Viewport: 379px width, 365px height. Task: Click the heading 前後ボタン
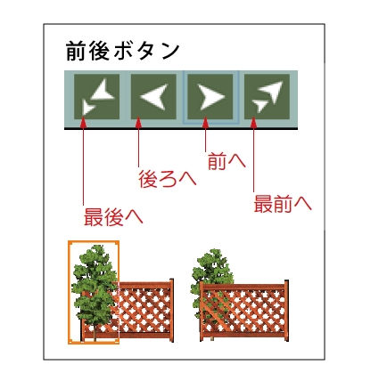pyautogui.click(x=123, y=51)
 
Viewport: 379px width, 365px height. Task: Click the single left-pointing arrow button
pyautogui.click(x=153, y=97)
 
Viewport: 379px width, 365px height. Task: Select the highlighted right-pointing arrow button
pyautogui.click(x=210, y=97)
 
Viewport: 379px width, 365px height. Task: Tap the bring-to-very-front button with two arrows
pyautogui.click(x=267, y=97)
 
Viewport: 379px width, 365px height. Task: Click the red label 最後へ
pyautogui.click(x=113, y=217)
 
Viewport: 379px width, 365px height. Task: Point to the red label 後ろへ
pyautogui.click(x=168, y=179)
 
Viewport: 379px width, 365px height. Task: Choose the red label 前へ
pyautogui.click(x=227, y=161)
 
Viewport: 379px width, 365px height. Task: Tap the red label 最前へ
pyautogui.click(x=283, y=204)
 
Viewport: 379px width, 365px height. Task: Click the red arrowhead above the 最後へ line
pyautogui.click(x=84, y=122)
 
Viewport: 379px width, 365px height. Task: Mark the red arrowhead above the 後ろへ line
pyautogui.click(x=138, y=122)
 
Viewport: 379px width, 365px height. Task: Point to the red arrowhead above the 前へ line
pyautogui.click(x=205, y=122)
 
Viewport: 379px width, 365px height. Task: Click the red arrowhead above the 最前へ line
pyautogui.click(x=253, y=122)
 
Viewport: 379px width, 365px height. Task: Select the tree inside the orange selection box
pyautogui.click(x=95, y=292)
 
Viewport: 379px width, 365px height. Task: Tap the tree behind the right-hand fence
pyautogui.click(x=211, y=279)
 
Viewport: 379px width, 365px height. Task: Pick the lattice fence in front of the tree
pyautogui.click(x=243, y=312)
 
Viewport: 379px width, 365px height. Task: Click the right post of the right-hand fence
pyautogui.click(x=286, y=311)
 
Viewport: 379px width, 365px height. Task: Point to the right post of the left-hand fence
pyautogui.click(x=171, y=311)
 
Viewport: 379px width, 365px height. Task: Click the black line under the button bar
pyautogui.click(x=181, y=129)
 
